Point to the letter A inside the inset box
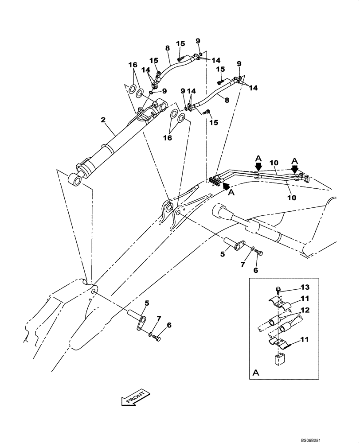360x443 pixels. [x=255, y=373]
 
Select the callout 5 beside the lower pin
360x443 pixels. [x=147, y=303]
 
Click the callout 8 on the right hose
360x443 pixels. [x=227, y=100]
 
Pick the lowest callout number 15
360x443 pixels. [x=214, y=122]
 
